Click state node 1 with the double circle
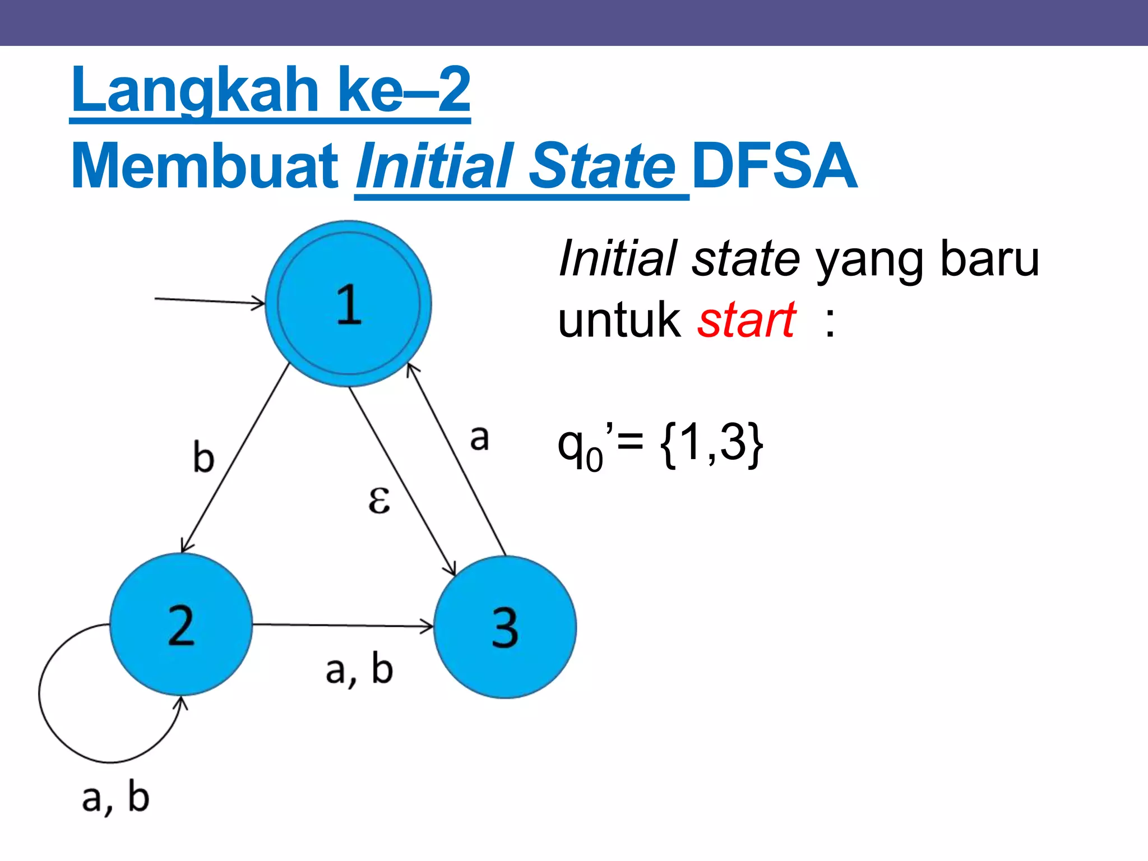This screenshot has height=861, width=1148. pyautogui.click(x=348, y=304)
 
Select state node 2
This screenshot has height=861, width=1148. pyautogui.click(x=180, y=624)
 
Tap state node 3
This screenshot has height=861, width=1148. pyautogui.click(x=505, y=627)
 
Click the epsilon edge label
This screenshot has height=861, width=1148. pyautogui.click(x=379, y=499)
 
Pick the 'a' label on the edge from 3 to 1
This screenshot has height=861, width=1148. pyautogui.click(x=479, y=437)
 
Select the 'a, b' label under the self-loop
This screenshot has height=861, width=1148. pyautogui.click(x=115, y=797)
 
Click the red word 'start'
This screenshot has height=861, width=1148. pyautogui.click(x=746, y=320)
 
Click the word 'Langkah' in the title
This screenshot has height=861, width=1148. pyautogui.click(x=195, y=90)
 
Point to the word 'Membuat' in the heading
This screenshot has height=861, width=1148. pyautogui.click(x=205, y=166)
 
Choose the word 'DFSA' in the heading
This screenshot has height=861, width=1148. pyautogui.click(x=775, y=166)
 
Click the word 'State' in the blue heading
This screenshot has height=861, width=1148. pyautogui.click(x=602, y=166)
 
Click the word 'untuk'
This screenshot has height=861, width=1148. pyautogui.click(x=619, y=320)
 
